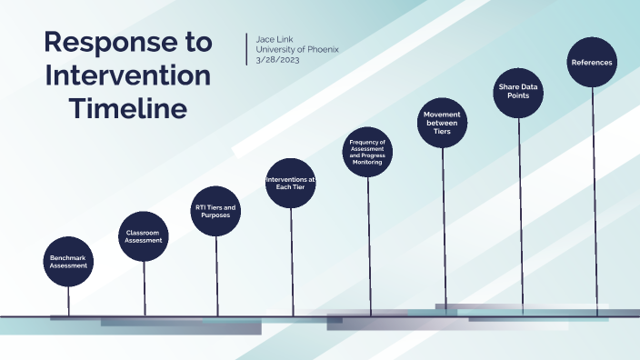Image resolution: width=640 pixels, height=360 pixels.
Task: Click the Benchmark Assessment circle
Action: click(x=69, y=262)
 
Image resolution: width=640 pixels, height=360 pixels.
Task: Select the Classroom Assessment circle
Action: click(x=145, y=236)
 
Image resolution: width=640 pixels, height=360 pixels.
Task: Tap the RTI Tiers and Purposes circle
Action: click(x=216, y=212)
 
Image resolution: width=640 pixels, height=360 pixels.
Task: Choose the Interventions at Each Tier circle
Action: click(x=291, y=184)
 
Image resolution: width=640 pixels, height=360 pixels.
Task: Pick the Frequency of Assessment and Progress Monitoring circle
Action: click(x=368, y=152)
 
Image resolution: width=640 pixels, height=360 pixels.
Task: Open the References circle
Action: click(x=592, y=63)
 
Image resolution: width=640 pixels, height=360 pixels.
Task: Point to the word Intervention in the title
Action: click(x=127, y=75)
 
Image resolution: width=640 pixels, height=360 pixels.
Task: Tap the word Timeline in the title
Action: click(x=128, y=108)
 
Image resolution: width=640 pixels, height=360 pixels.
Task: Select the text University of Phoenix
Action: click(x=297, y=49)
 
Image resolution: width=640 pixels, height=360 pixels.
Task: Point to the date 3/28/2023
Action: click(x=279, y=60)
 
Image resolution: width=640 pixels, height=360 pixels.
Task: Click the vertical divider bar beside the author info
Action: click(x=246, y=49)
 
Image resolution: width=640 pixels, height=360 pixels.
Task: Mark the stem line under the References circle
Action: click(x=595, y=200)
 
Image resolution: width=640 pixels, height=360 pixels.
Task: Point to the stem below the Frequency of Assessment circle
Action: click(x=368, y=245)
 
